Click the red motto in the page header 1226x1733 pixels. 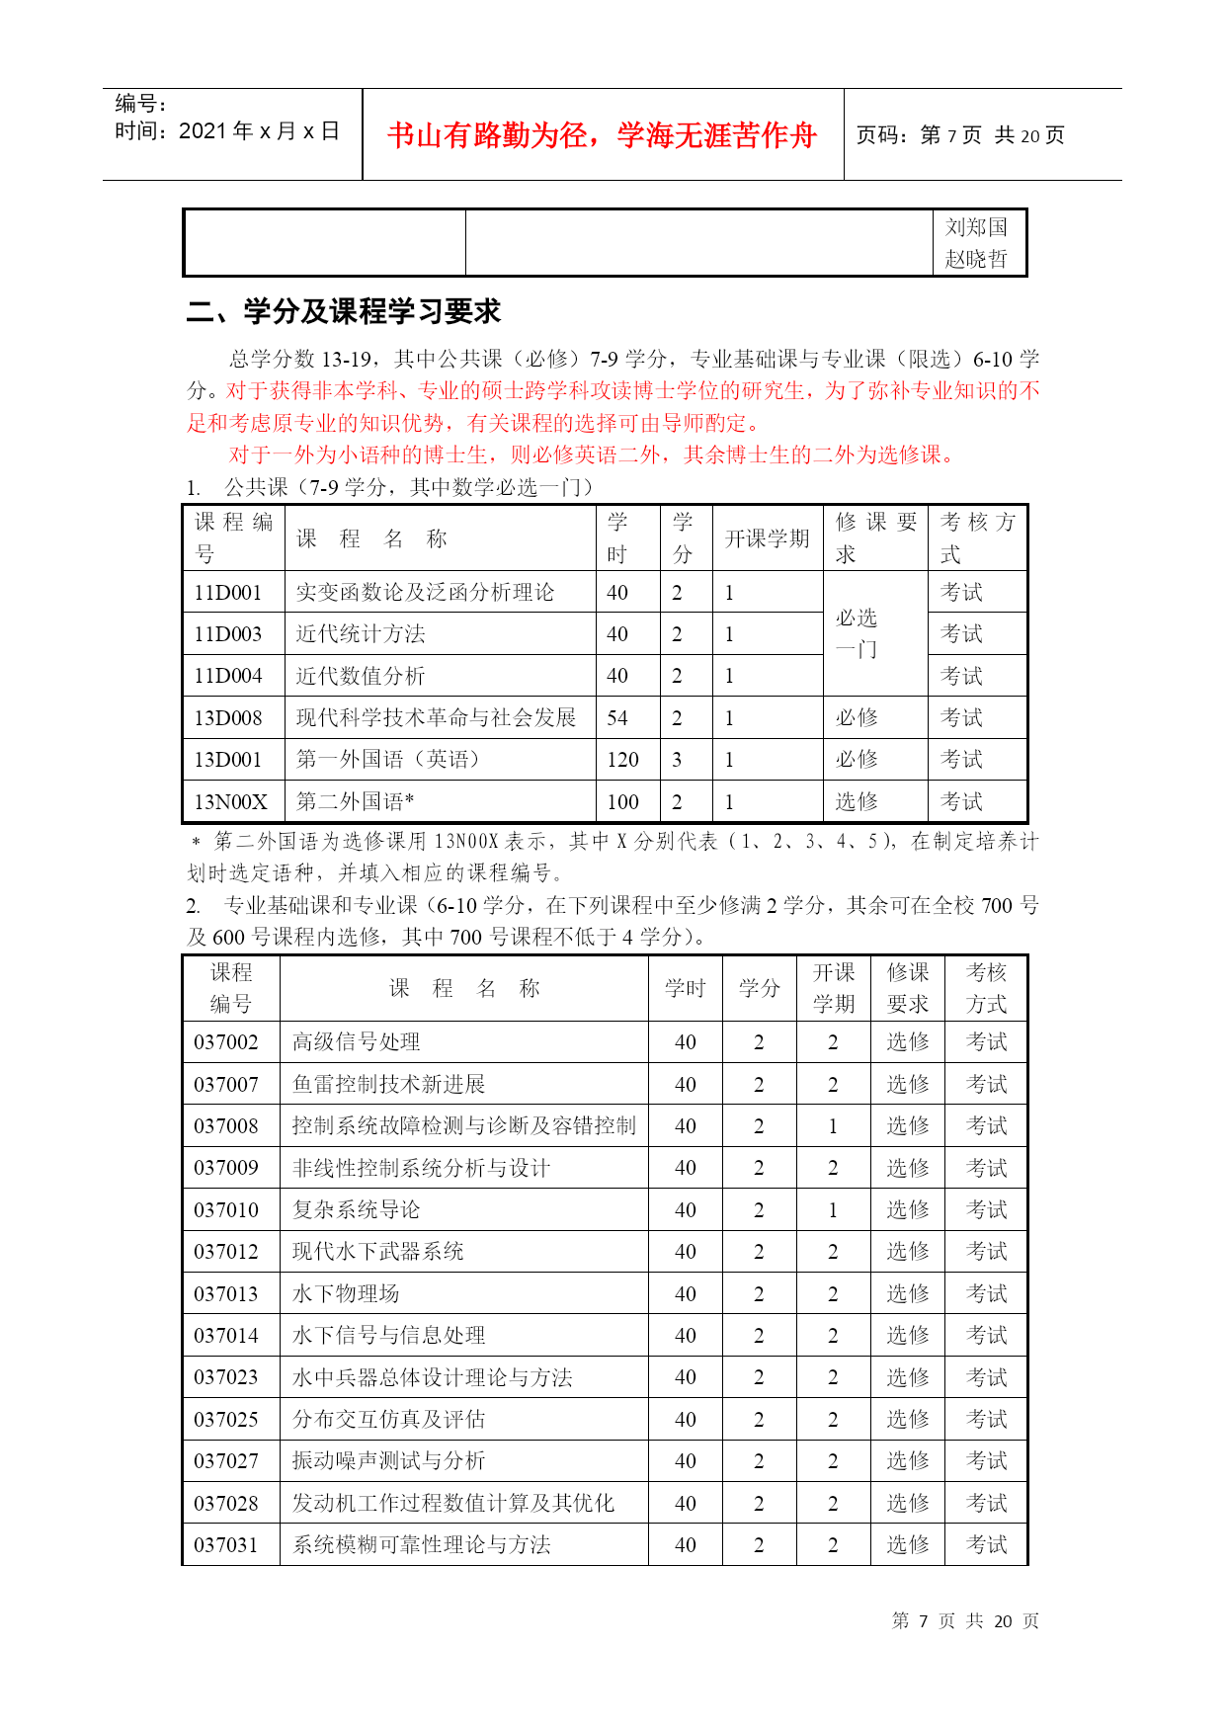coord(602,135)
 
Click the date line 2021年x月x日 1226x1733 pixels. coord(227,131)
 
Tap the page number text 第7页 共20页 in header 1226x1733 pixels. coord(960,135)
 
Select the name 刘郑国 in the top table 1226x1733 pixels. coord(976,227)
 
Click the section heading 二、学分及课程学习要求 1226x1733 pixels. coord(344,312)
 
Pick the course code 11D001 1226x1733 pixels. coord(228,593)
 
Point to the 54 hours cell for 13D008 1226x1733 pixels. coord(617,718)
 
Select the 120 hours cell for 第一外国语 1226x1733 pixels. coord(622,760)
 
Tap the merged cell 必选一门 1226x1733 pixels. coord(857,633)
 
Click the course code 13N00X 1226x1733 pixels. coord(230,802)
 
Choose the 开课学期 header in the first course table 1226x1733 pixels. coord(767,538)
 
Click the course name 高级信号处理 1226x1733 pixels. coord(357,1042)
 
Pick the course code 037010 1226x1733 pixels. coord(226,1210)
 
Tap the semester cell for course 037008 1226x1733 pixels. coord(833,1126)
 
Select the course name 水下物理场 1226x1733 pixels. coord(346,1294)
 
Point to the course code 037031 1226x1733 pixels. coord(226,1545)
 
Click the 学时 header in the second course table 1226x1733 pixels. coord(685,988)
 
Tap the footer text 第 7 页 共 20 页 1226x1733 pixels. coord(965,1621)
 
